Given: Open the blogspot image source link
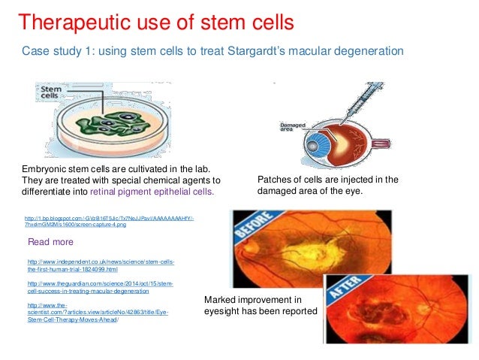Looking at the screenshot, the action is coord(109,220).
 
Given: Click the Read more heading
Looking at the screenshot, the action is coord(50,242).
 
